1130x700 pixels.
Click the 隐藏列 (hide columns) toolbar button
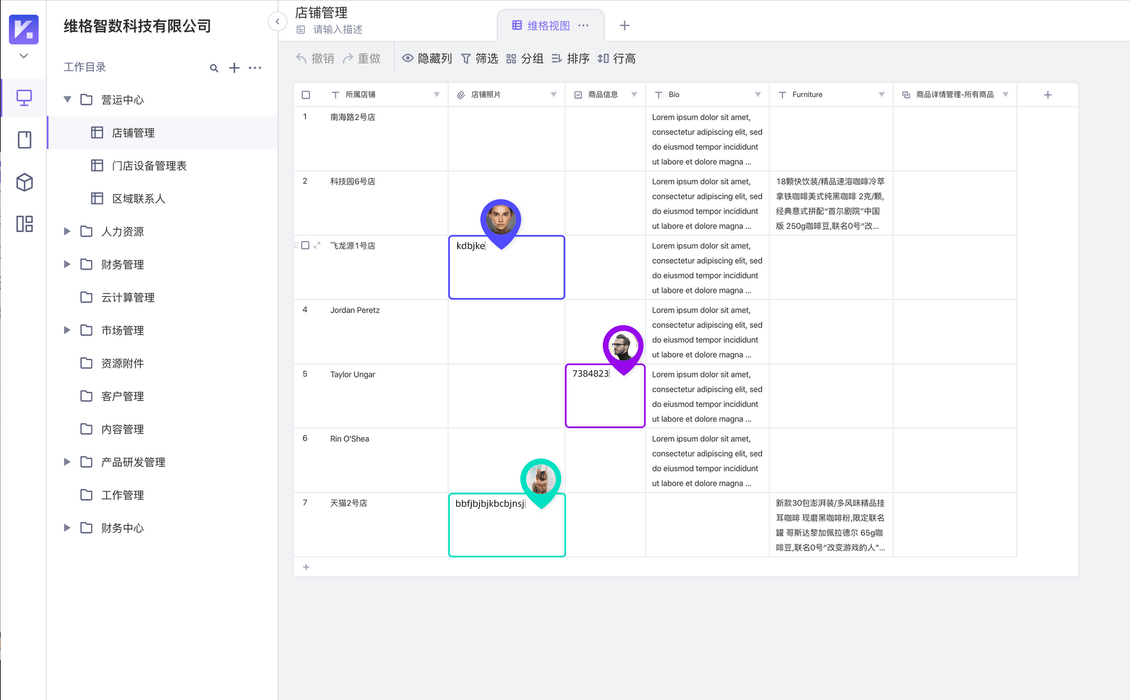[427, 59]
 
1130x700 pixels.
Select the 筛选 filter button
[480, 59]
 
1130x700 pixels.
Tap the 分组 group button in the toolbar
[524, 59]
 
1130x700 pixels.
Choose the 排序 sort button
[570, 59]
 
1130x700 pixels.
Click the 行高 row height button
[616, 59]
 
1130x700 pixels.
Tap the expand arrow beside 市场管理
[67, 330]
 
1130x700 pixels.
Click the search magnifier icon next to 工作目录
[214, 68]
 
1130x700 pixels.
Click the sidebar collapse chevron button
[277, 21]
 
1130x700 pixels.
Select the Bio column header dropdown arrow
[758, 94]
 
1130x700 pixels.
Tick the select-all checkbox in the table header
[306, 95]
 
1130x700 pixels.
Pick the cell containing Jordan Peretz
[371, 331]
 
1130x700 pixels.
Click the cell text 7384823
[590, 374]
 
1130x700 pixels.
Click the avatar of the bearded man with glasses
[623, 345]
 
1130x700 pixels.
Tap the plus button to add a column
[1048, 95]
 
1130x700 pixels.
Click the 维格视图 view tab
[549, 26]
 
